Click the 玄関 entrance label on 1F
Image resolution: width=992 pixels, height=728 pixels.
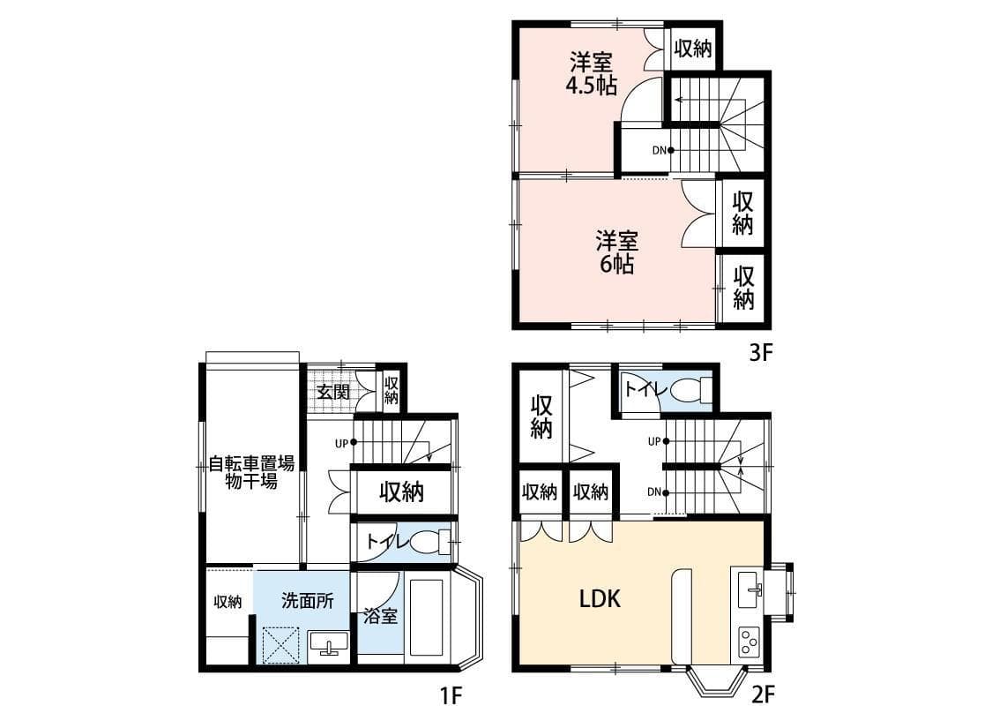click(333, 391)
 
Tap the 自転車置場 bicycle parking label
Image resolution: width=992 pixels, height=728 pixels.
click(252, 464)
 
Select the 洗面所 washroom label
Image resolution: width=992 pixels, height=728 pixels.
click(308, 601)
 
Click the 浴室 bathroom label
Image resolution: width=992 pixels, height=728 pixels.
click(380, 615)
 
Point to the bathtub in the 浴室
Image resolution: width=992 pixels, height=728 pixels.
click(426, 617)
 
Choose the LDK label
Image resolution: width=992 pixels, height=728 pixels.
click(600, 598)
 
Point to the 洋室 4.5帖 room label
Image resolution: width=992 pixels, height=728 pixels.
click(592, 74)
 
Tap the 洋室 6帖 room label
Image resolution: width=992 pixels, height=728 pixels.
click(617, 252)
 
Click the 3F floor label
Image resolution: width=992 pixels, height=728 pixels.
click(761, 352)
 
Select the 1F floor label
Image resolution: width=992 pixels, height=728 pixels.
click(451, 696)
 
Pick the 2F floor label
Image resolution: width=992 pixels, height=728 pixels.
click(763, 695)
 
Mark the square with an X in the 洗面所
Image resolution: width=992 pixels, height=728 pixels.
click(281, 644)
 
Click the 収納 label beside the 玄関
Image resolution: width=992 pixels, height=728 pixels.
click(391, 390)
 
